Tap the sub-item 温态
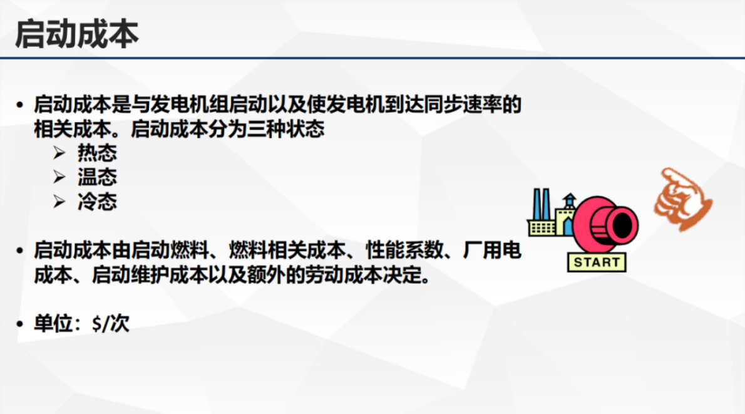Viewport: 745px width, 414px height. [97, 178]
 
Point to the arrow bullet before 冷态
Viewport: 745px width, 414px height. [59, 202]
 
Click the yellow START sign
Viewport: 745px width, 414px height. [596, 262]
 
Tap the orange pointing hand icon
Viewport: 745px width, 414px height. [682, 197]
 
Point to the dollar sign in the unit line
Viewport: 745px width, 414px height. [96, 324]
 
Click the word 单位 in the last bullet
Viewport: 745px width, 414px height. [49, 324]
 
